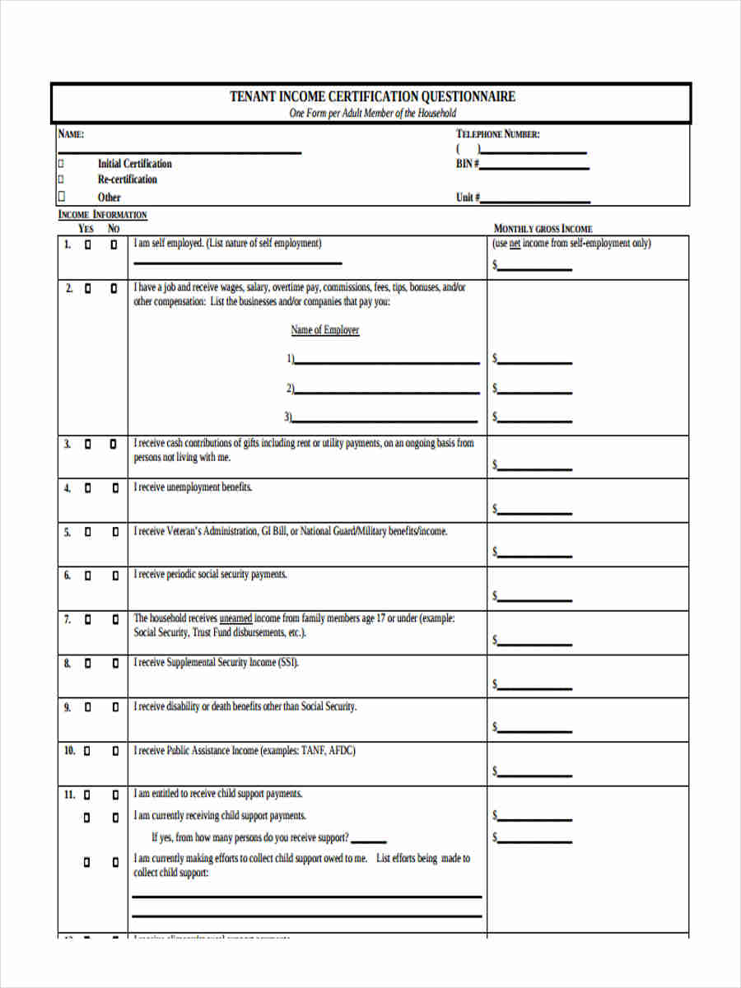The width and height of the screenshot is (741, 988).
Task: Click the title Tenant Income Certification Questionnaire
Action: (372, 96)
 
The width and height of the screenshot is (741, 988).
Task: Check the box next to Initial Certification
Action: (60, 163)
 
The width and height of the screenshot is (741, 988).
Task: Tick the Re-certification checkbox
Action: (60, 179)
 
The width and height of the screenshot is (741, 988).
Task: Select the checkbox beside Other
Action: (60, 196)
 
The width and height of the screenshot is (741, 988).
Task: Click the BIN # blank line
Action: (534, 167)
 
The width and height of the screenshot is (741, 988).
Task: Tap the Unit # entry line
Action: (535, 201)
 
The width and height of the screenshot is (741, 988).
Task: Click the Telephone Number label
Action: (497, 134)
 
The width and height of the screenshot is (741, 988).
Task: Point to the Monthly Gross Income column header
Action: (543, 228)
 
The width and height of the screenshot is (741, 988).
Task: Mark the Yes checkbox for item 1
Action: (87, 245)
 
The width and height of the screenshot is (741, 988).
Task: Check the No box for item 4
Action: (114, 488)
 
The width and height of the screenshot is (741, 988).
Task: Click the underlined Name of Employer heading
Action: (324, 330)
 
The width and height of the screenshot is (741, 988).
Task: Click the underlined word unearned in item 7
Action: (235, 618)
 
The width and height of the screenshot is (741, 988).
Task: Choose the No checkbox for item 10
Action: (114, 752)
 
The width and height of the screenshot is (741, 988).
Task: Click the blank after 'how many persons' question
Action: (373, 841)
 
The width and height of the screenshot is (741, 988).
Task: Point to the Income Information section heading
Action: (102, 215)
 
